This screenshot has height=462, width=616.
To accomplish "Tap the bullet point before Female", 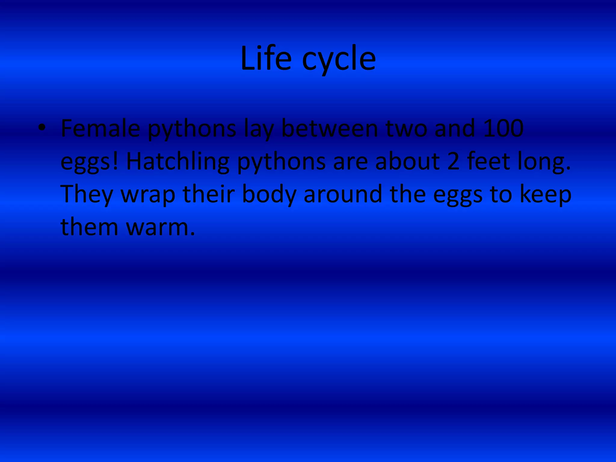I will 42,128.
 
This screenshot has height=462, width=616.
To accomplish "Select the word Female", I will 100,128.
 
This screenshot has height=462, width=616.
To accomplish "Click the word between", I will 329,128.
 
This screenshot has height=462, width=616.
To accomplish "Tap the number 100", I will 503,128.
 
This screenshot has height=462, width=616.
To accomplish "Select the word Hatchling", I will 178,162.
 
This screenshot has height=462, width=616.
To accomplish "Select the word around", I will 343,194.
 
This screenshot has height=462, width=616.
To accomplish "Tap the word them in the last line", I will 89,227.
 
